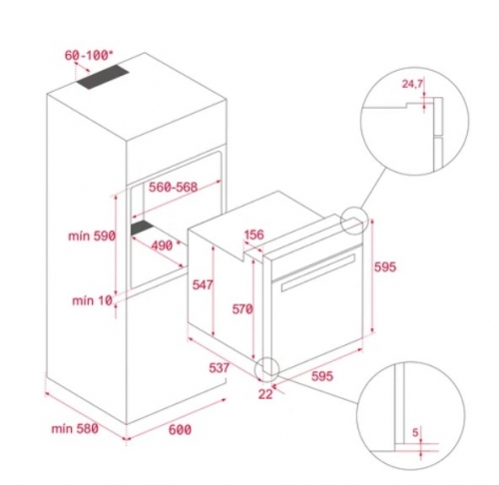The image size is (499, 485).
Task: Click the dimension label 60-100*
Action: click(86, 56)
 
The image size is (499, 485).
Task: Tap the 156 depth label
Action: click(253, 236)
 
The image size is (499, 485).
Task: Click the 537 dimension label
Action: click(222, 368)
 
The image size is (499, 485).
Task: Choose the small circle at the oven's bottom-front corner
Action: click(268, 369)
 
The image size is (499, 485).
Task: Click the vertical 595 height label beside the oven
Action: click(386, 266)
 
